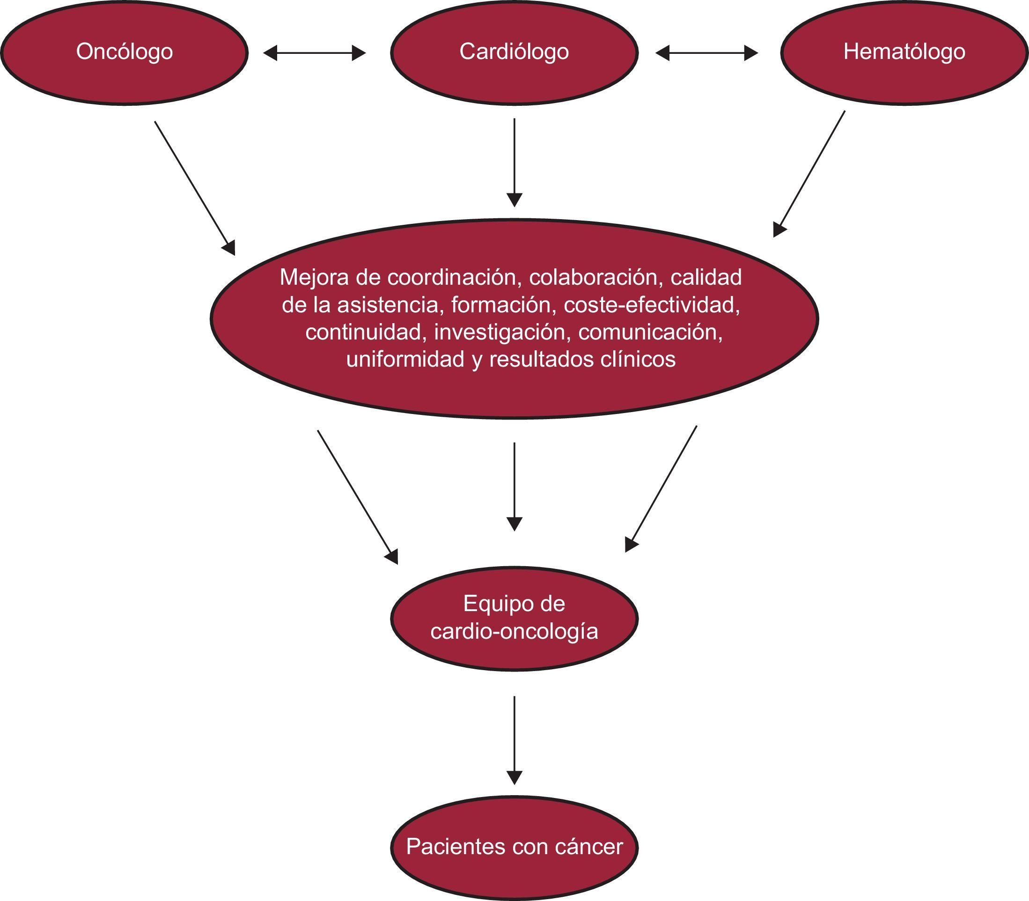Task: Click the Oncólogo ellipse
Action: pos(124,52)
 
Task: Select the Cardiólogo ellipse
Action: pos(514,52)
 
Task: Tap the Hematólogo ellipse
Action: pos(904,52)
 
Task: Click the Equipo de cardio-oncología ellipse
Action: pos(514,618)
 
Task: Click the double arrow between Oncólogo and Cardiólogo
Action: pos(315,52)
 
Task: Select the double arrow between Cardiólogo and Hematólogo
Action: pos(707,52)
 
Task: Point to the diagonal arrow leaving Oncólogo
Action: pos(195,187)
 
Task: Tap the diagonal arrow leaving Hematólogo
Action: pos(809,173)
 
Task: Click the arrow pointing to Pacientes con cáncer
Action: pos(514,739)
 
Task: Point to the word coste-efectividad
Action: pos(652,305)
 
